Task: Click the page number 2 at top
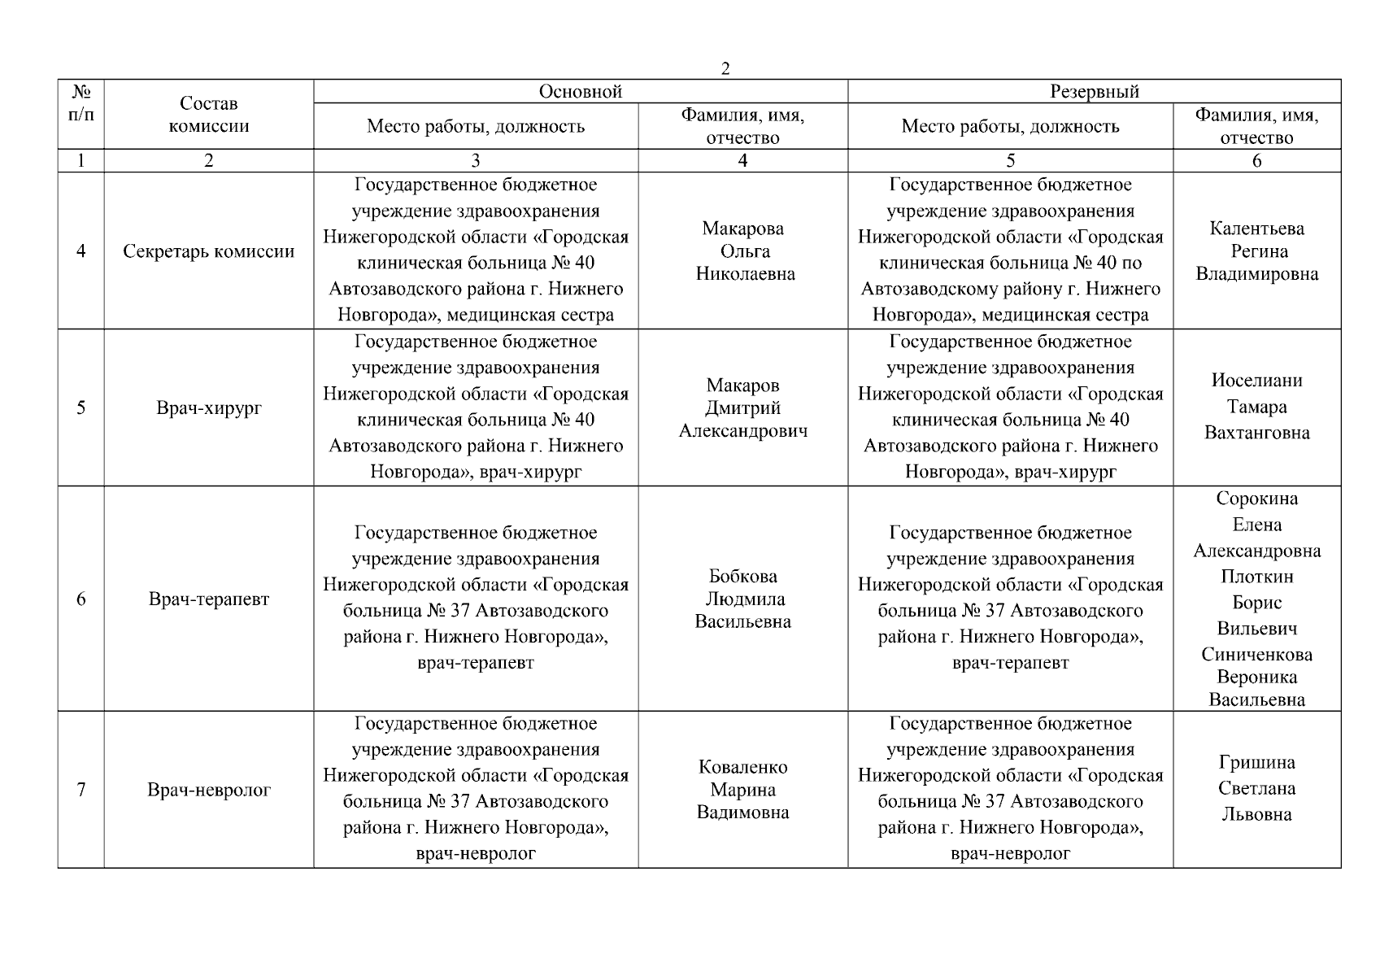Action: (x=725, y=69)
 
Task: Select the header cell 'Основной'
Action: (x=581, y=92)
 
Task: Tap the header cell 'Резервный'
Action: (x=1094, y=92)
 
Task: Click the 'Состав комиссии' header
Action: (x=209, y=115)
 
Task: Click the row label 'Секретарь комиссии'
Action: (x=209, y=251)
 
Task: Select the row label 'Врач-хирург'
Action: (x=209, y=408)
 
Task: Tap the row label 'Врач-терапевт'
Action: (x=209, y=599)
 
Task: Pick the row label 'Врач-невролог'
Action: (x=209, y=790)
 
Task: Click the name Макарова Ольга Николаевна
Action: (x=743, y=251)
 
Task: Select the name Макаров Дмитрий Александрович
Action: (x=743, y=408)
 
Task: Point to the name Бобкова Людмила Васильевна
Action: (x=743, y=599)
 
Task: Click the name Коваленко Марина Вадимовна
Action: (x=743, y=790)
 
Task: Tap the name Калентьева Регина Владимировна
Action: (x=1256, y=251)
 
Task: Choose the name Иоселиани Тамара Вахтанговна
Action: (x=1256, y=407)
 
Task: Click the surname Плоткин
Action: (x=1256, y=577)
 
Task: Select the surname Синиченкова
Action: (x=1256, y=655)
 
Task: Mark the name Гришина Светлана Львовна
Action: (x=1256, y=788)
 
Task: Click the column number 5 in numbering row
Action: (x=1010, y=161)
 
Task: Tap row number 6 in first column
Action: (x=81, y=599)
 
